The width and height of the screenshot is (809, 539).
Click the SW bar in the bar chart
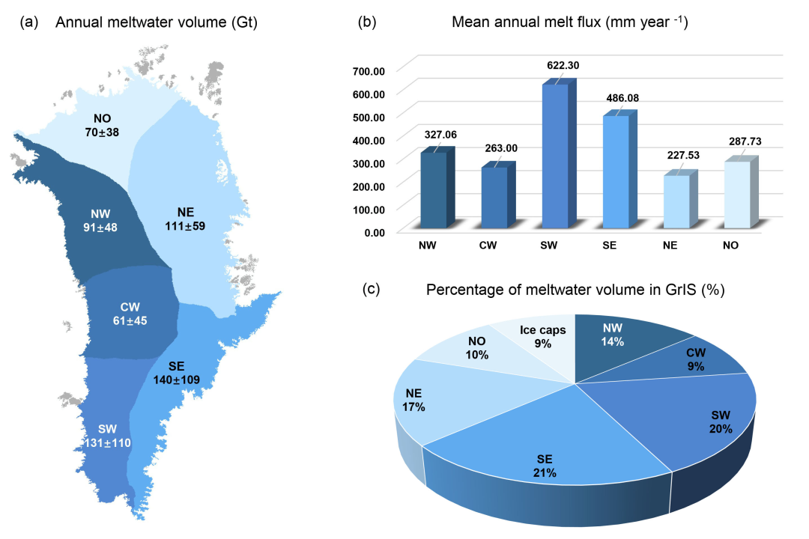[x=555, y=157]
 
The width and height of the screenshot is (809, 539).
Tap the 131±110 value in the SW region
[x=107, y=442]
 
